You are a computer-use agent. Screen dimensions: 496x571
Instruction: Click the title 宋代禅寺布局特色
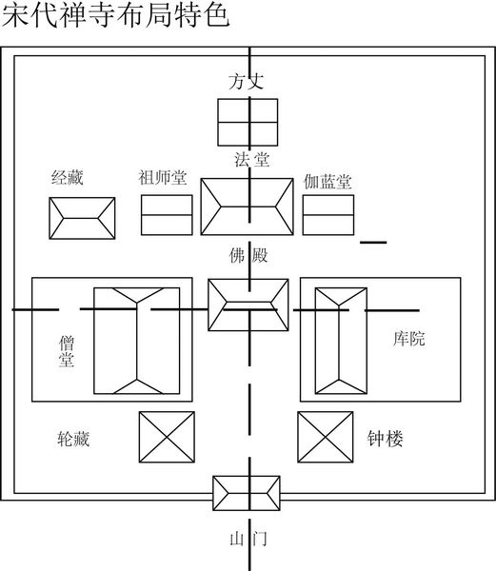click(x=115, y=15)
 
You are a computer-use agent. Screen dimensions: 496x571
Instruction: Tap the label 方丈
click(x=247, y=81)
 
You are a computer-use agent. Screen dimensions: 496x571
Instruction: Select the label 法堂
click(x=251, y=160)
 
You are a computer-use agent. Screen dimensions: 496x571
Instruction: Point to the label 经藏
click(x=68, y=178)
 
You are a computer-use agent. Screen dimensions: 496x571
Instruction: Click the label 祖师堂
click(x=163, y=177)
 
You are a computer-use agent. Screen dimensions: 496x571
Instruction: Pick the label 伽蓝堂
click(x=327, y=182)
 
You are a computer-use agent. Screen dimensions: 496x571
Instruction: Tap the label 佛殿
click(x=248, y=255)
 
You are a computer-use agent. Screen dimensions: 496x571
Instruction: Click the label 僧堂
click(x=67, y=351)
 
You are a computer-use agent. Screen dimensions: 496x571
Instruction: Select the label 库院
click(x=408, y=338)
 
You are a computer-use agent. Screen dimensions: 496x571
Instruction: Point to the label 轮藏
click(x=73, y=439)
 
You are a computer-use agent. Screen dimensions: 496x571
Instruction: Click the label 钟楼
click(x=385, y=439)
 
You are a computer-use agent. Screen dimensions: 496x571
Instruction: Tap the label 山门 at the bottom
click(x=248, y=539)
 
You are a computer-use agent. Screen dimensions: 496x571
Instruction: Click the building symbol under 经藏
click(x=82, y=218)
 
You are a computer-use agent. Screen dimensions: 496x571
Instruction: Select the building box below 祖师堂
click(x=167, y=215)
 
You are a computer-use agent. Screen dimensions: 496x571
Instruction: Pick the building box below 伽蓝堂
click(x=328, y=215)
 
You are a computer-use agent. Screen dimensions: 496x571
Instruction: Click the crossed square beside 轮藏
click(x=167, y=437)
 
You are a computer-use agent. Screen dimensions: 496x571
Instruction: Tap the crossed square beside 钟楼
click(x=326, y=437)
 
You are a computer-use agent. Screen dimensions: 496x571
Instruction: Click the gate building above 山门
click(x=247, y=493)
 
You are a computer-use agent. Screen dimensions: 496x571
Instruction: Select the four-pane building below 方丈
click(x=248, y=123)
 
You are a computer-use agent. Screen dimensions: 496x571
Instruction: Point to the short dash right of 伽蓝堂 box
click(x=373, y=242)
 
